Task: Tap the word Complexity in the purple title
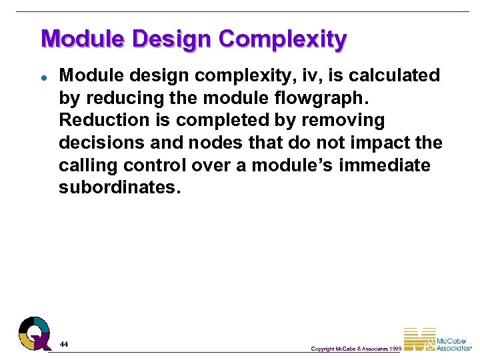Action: pos(283,39)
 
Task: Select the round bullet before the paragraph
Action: pos(43,77)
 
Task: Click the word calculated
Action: pos(391,75)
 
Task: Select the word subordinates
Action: pos(119,187)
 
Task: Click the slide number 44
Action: pos(63,344)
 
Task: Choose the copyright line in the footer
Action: pos(356,349)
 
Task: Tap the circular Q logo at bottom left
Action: pos(34,333)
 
